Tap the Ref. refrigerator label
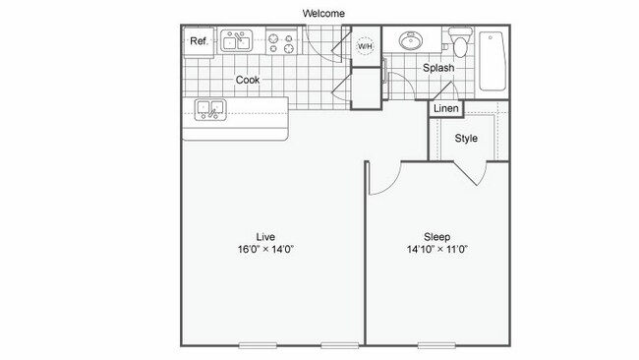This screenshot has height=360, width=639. pos(199,41)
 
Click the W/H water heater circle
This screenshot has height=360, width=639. pos(365,46)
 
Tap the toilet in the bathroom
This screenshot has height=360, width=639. pos(457,44)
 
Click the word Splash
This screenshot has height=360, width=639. pos(438,68)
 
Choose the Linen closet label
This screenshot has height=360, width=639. pos(445,108)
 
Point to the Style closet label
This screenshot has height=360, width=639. pos(466,139)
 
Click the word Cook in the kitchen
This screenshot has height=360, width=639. pos(248,80)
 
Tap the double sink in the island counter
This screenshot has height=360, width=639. pos(210,109)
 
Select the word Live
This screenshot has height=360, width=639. pos(265,236)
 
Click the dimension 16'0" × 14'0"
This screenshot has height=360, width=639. pos(265,250)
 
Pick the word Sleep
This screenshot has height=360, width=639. pos(436,236)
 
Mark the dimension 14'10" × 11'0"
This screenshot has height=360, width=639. pos(436,250)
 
